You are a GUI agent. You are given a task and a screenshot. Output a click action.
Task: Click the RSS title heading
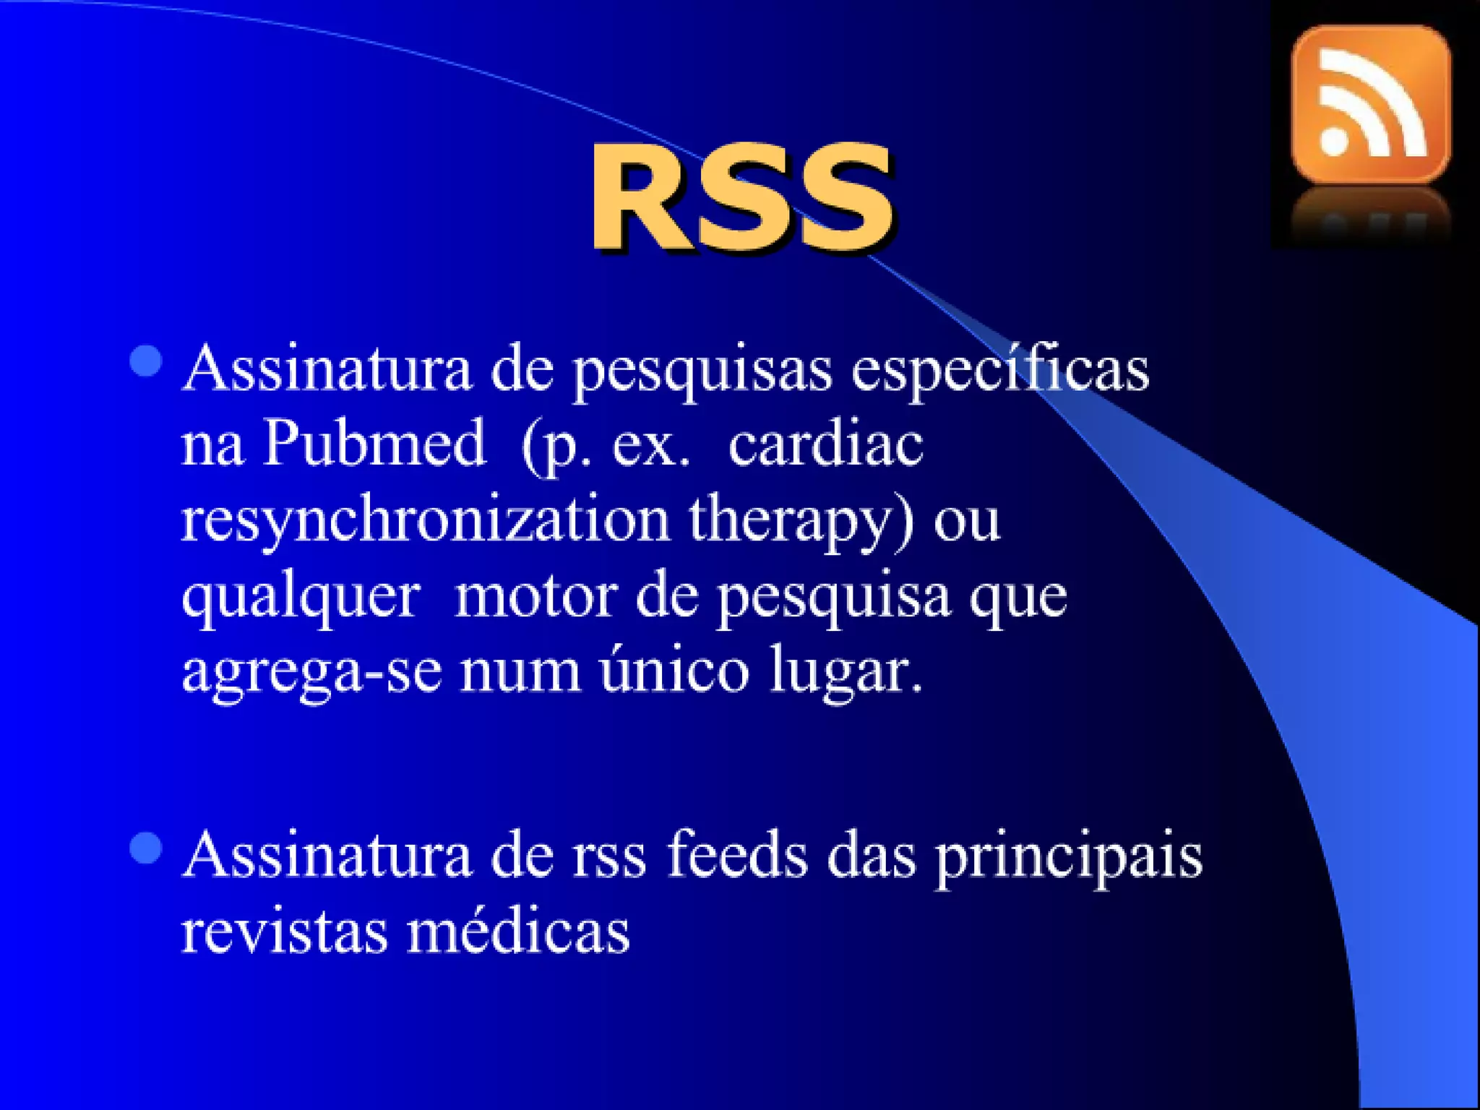tap(741, 197)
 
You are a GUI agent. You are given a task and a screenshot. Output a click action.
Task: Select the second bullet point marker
tap(146, 848)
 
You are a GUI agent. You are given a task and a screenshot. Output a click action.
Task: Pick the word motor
tap(535, 597)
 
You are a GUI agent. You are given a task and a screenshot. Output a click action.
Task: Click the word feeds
tap(737, 856)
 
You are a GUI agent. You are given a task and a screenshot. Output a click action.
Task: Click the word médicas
tap(518, 931)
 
